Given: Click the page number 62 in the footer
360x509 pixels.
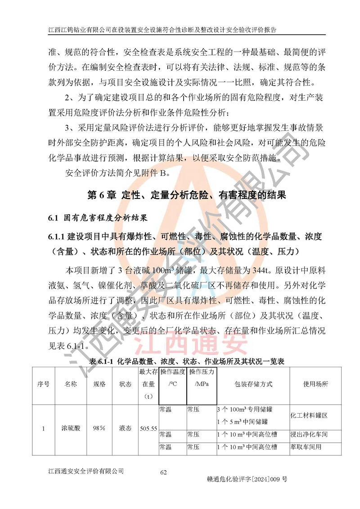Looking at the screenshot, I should pos(163,472).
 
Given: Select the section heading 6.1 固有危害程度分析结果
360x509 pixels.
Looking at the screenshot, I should pos(98,218).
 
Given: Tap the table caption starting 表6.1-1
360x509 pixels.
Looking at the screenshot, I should pos(186,361).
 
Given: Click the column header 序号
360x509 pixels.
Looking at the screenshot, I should pos(43,384).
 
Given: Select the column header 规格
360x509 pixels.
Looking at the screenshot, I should pos(99,384).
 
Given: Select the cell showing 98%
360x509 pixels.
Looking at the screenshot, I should pos(99,429).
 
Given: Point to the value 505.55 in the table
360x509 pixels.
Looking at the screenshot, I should pos(148,429).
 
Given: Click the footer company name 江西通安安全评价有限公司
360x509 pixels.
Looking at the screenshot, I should pos(85,471).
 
